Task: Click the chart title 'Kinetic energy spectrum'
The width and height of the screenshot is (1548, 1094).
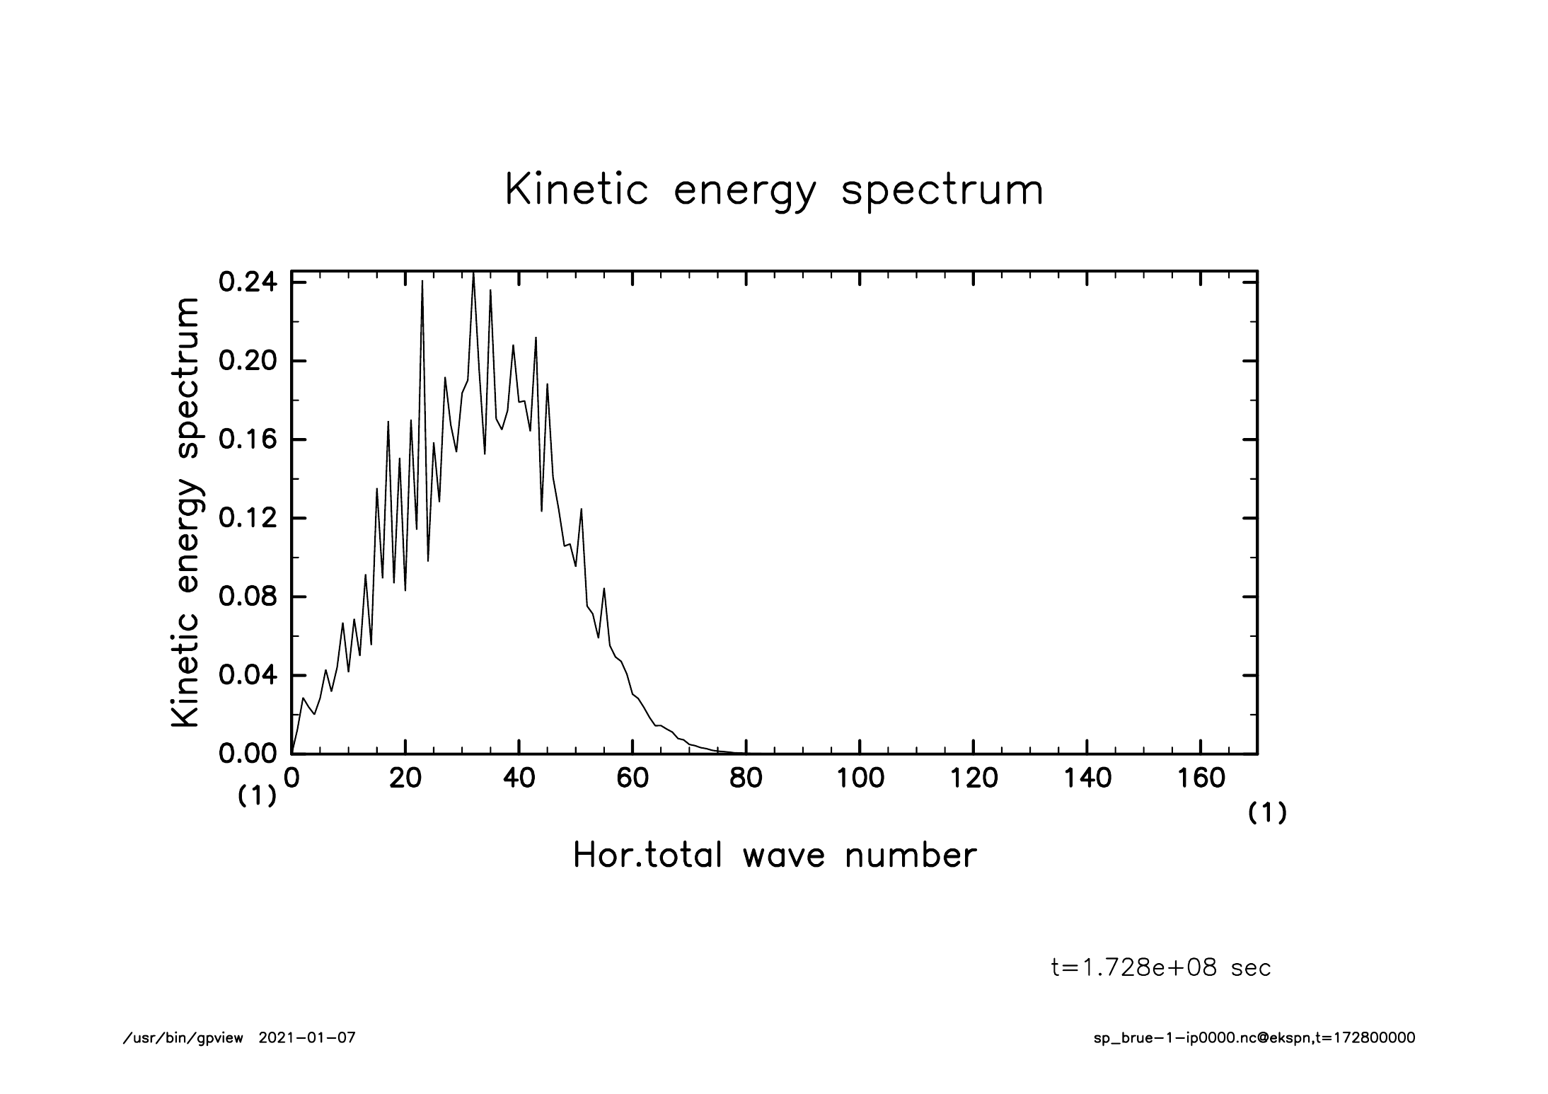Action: coord(774,190)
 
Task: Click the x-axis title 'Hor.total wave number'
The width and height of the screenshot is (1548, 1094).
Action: coord(774,855)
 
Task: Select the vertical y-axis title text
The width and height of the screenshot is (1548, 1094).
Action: coord(185,512)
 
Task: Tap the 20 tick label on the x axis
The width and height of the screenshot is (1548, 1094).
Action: coord(405,778)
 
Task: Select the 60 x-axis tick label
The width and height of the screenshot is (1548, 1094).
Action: coord(633,778)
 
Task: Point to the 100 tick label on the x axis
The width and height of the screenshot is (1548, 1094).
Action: coord(860,778)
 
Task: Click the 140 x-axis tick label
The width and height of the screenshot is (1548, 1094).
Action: coord(1087,778)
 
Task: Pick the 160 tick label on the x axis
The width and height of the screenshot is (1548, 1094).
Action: coord(1201,778)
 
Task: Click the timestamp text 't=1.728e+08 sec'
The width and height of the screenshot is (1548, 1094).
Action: coord(1161,967)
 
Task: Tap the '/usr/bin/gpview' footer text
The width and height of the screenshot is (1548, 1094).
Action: coord(183,1038)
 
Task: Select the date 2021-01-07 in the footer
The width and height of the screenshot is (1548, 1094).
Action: coord(307,1038)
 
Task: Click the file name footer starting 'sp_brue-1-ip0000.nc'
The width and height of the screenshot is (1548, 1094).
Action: coord(1254,1038)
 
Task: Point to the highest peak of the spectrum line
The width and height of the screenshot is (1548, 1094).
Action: coord(473,273)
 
